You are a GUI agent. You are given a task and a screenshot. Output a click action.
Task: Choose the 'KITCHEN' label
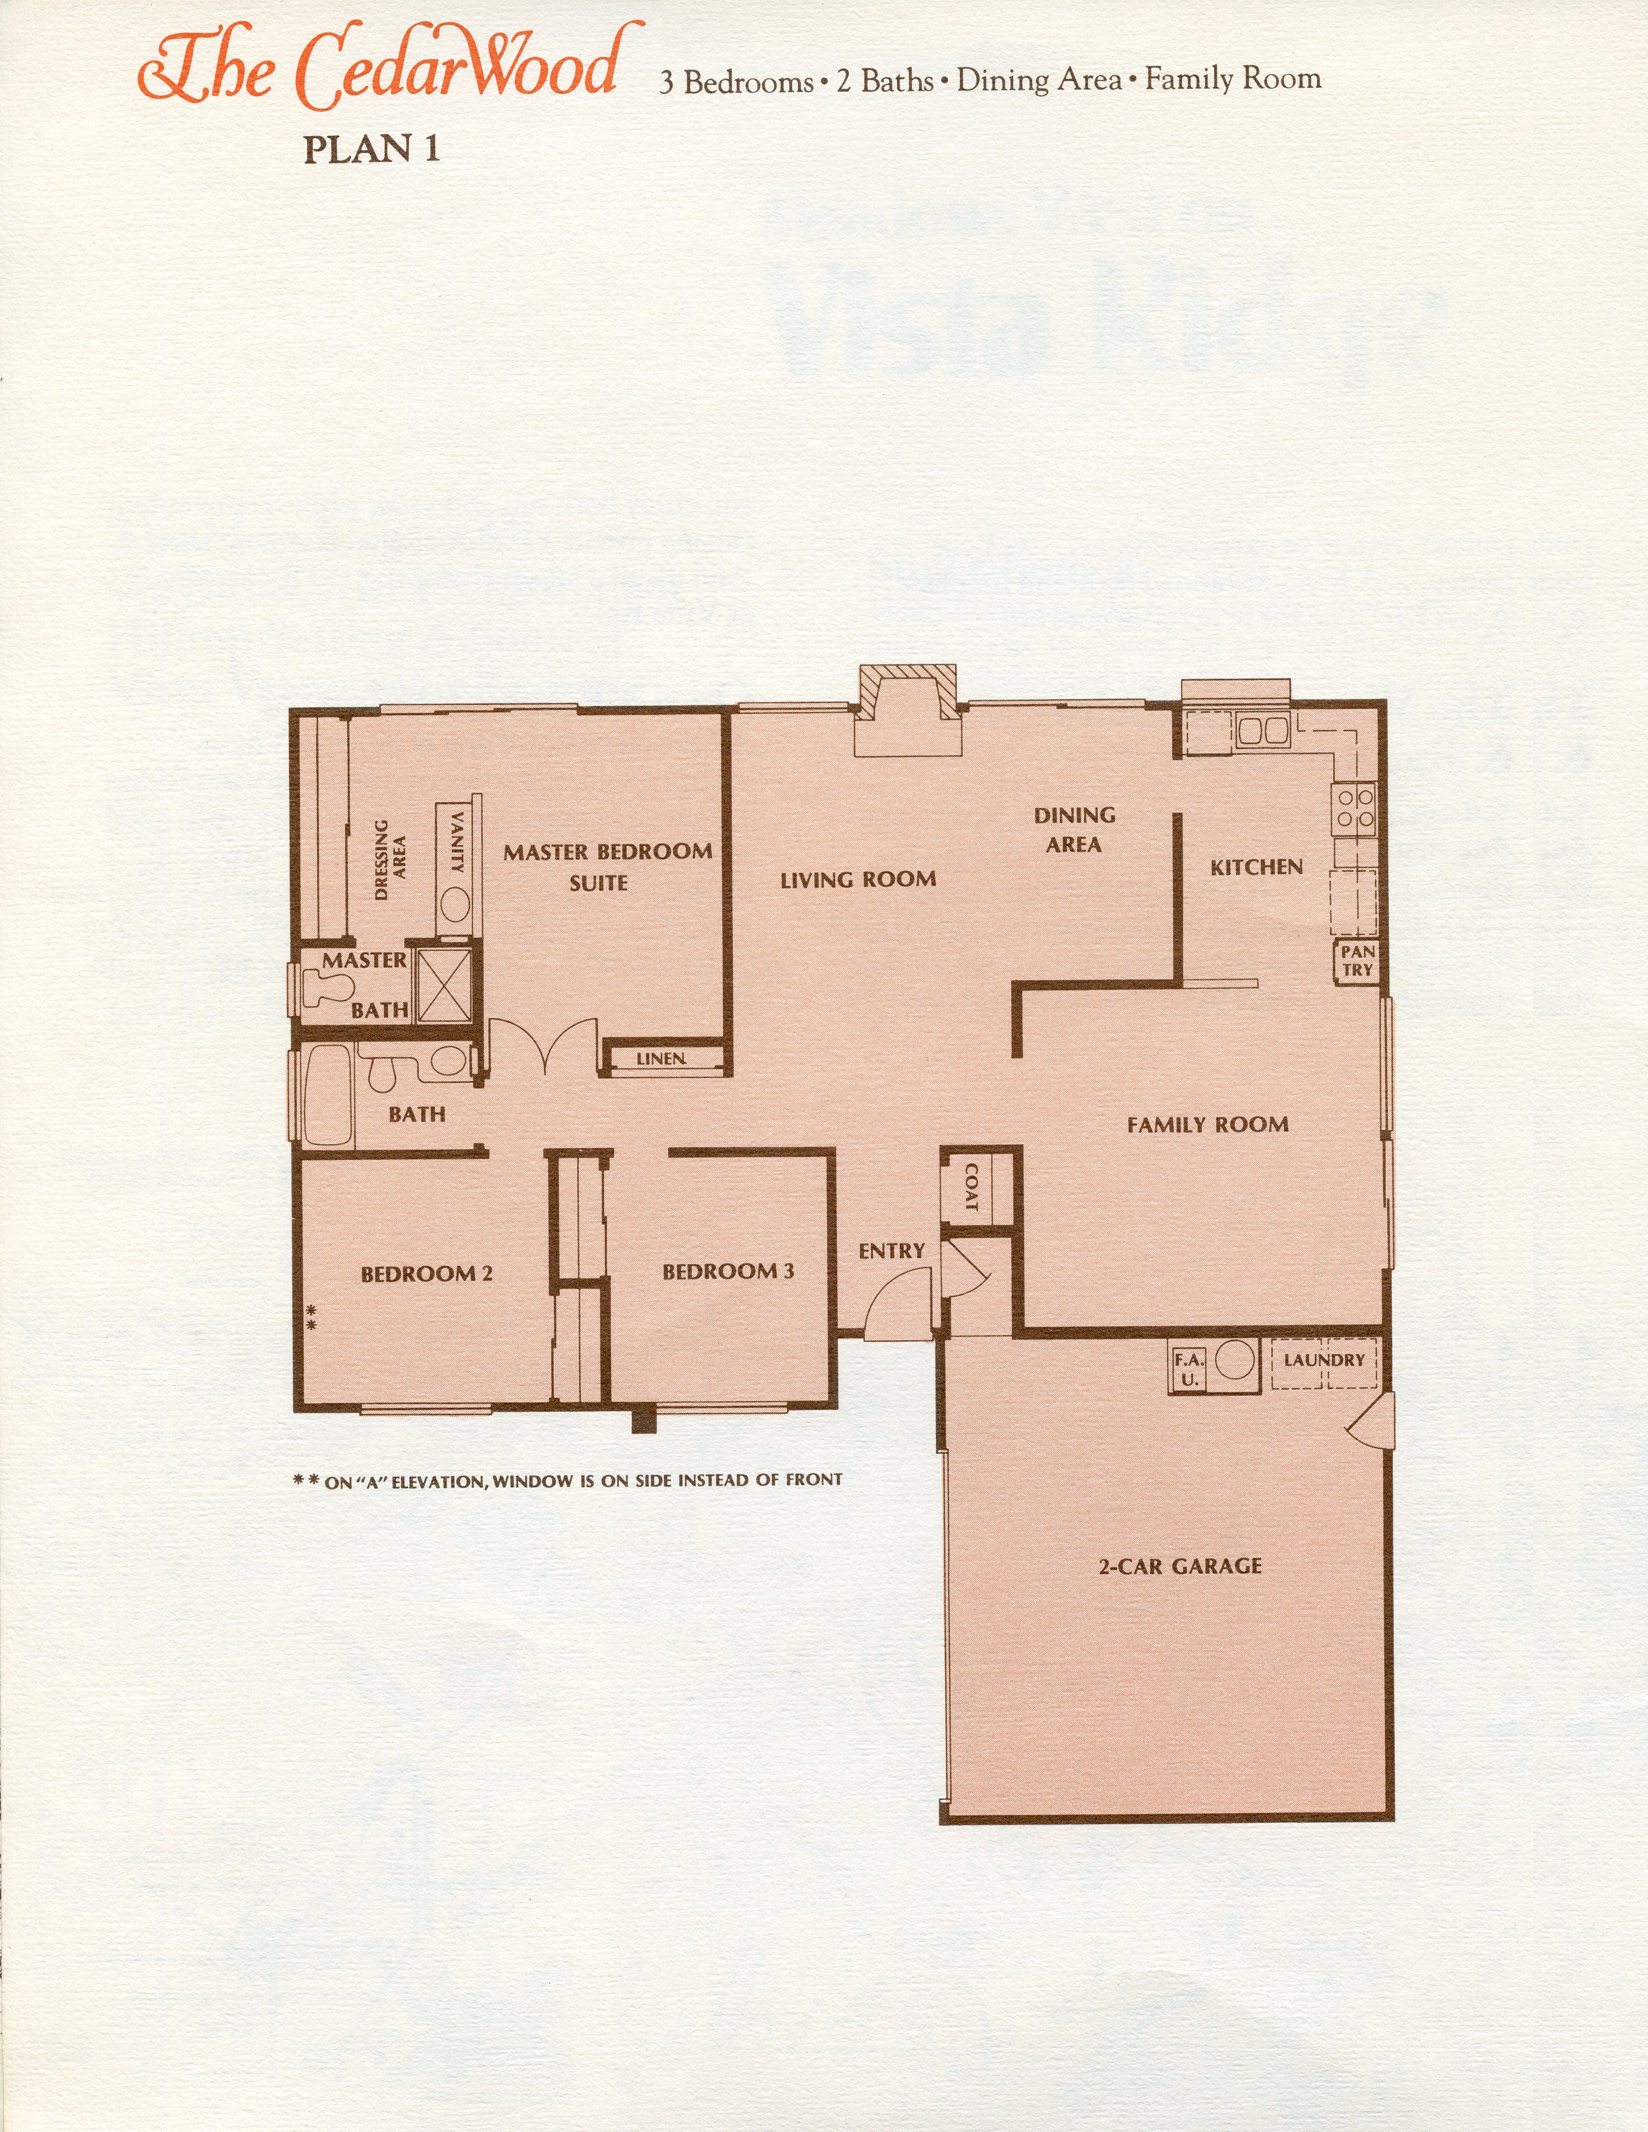[1257, 867]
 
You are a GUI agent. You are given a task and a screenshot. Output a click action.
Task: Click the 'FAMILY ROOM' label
[1208, 1124]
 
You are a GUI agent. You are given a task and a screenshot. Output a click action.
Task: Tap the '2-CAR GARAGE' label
[1181, 1566]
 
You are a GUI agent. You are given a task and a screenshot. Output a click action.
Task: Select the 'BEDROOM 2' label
[427, 1274]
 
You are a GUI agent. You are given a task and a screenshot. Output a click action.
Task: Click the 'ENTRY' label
[892, 1251]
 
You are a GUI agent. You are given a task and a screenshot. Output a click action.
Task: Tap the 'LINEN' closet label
[662, 1058]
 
